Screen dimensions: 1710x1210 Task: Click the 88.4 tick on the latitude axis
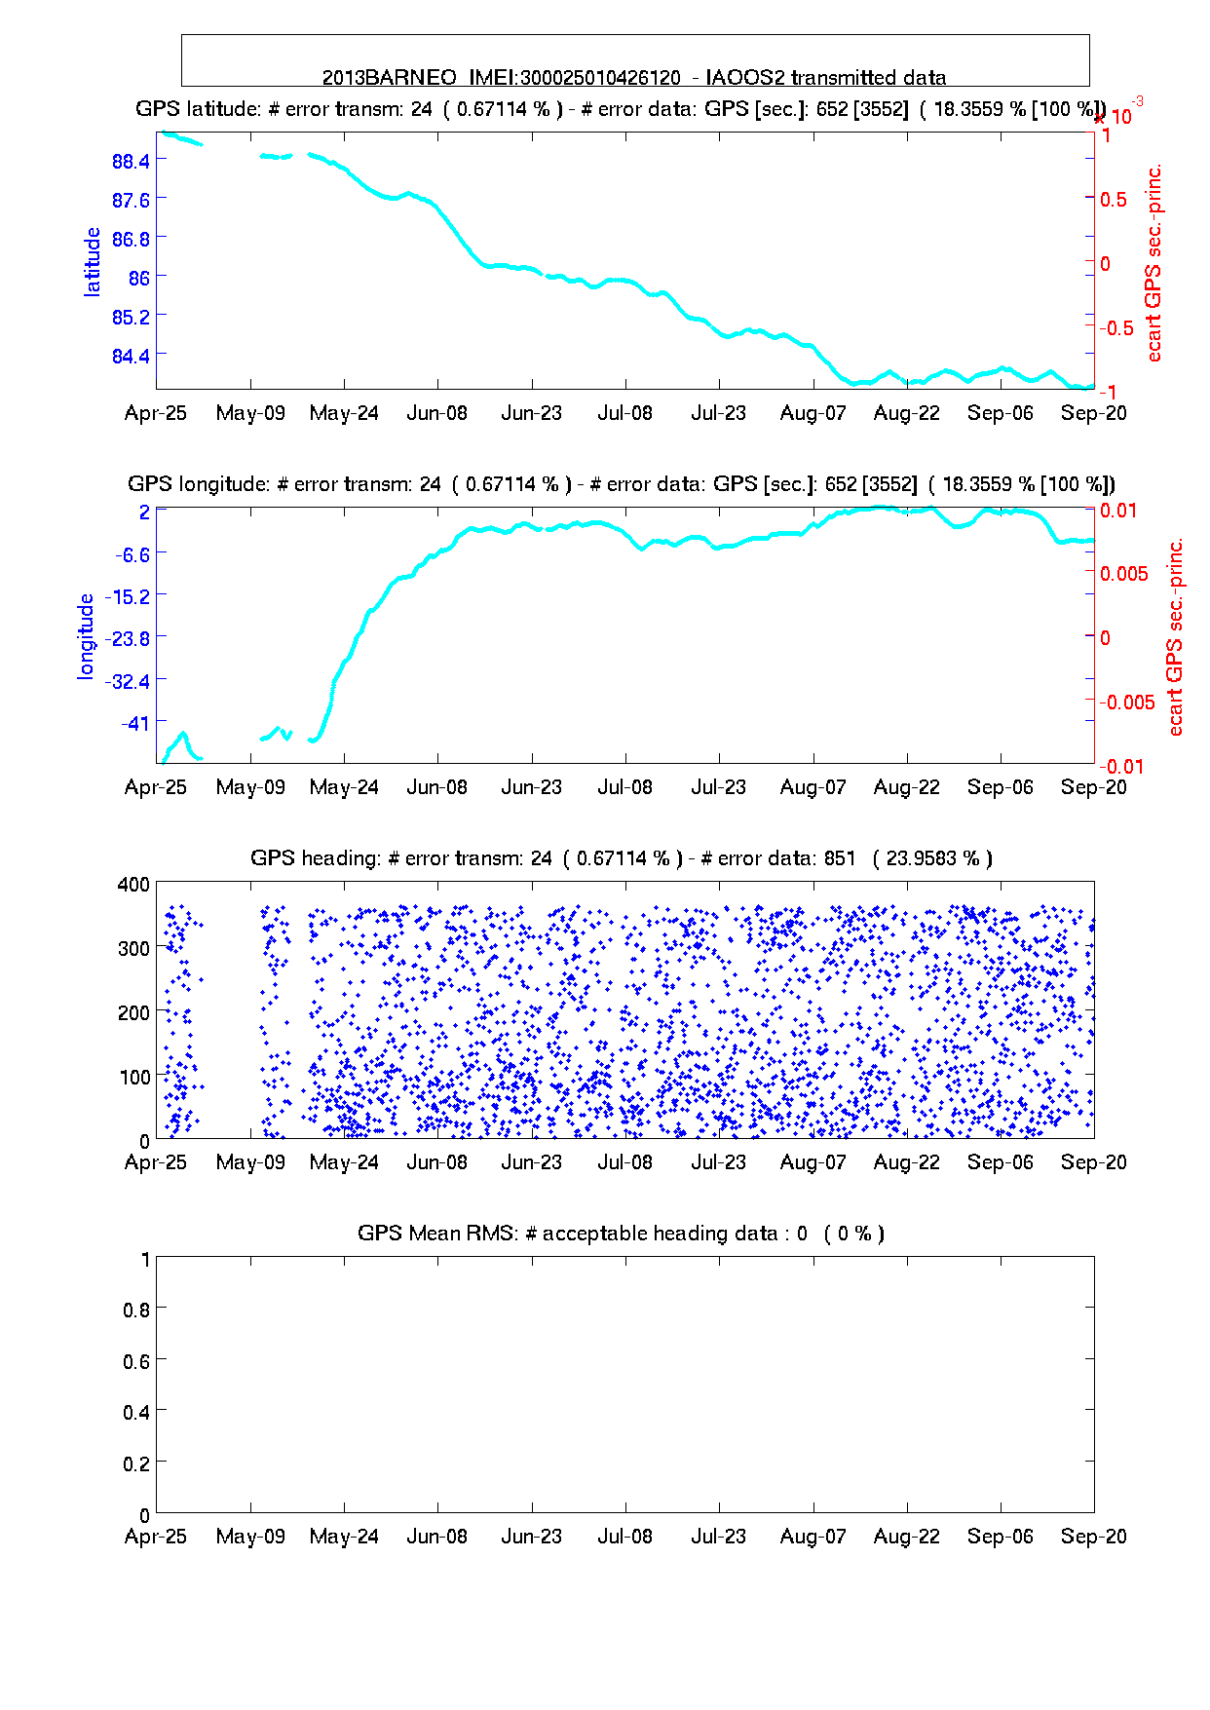132,161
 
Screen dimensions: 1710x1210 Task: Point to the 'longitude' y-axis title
87,635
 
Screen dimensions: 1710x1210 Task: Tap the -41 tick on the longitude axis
135,723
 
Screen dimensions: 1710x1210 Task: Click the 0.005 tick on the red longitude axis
1124,574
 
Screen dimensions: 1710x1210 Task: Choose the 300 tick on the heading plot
133,948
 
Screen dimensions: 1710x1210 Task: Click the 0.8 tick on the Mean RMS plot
137,1310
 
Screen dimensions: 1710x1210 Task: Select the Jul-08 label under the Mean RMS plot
624,1537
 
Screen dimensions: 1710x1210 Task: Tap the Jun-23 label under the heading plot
531,1162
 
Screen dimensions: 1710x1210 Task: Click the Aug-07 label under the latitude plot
813,413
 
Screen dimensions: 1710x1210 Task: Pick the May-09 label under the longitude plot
250,787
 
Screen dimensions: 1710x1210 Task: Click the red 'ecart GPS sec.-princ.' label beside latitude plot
1154,263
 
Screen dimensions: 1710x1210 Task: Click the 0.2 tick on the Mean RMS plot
137,1463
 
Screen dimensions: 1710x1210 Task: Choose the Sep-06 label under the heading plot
1000,1162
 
